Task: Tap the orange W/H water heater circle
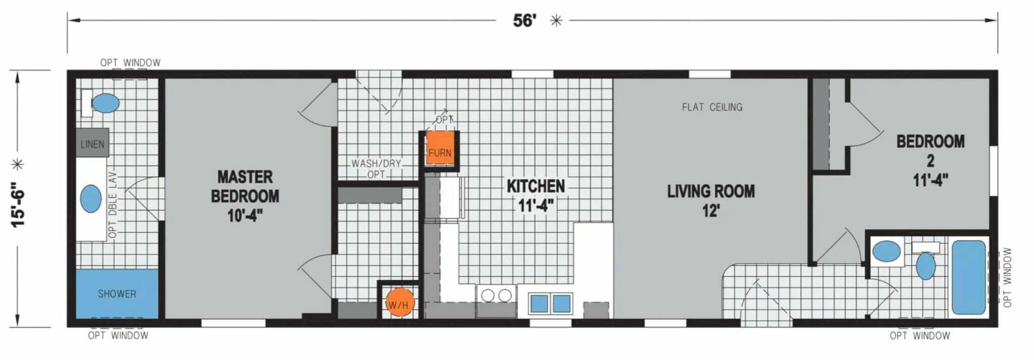398,302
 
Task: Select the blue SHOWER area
117,294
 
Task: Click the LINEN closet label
92,144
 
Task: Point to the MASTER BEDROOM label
245,196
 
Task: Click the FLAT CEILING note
712,107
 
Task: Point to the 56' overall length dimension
525,21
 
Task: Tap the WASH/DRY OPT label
376,169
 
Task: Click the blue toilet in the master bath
106,104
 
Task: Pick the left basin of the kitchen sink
539,303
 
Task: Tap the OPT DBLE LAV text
113,204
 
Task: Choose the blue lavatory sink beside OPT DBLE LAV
91,198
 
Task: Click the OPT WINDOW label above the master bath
130,63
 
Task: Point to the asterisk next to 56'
556,21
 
